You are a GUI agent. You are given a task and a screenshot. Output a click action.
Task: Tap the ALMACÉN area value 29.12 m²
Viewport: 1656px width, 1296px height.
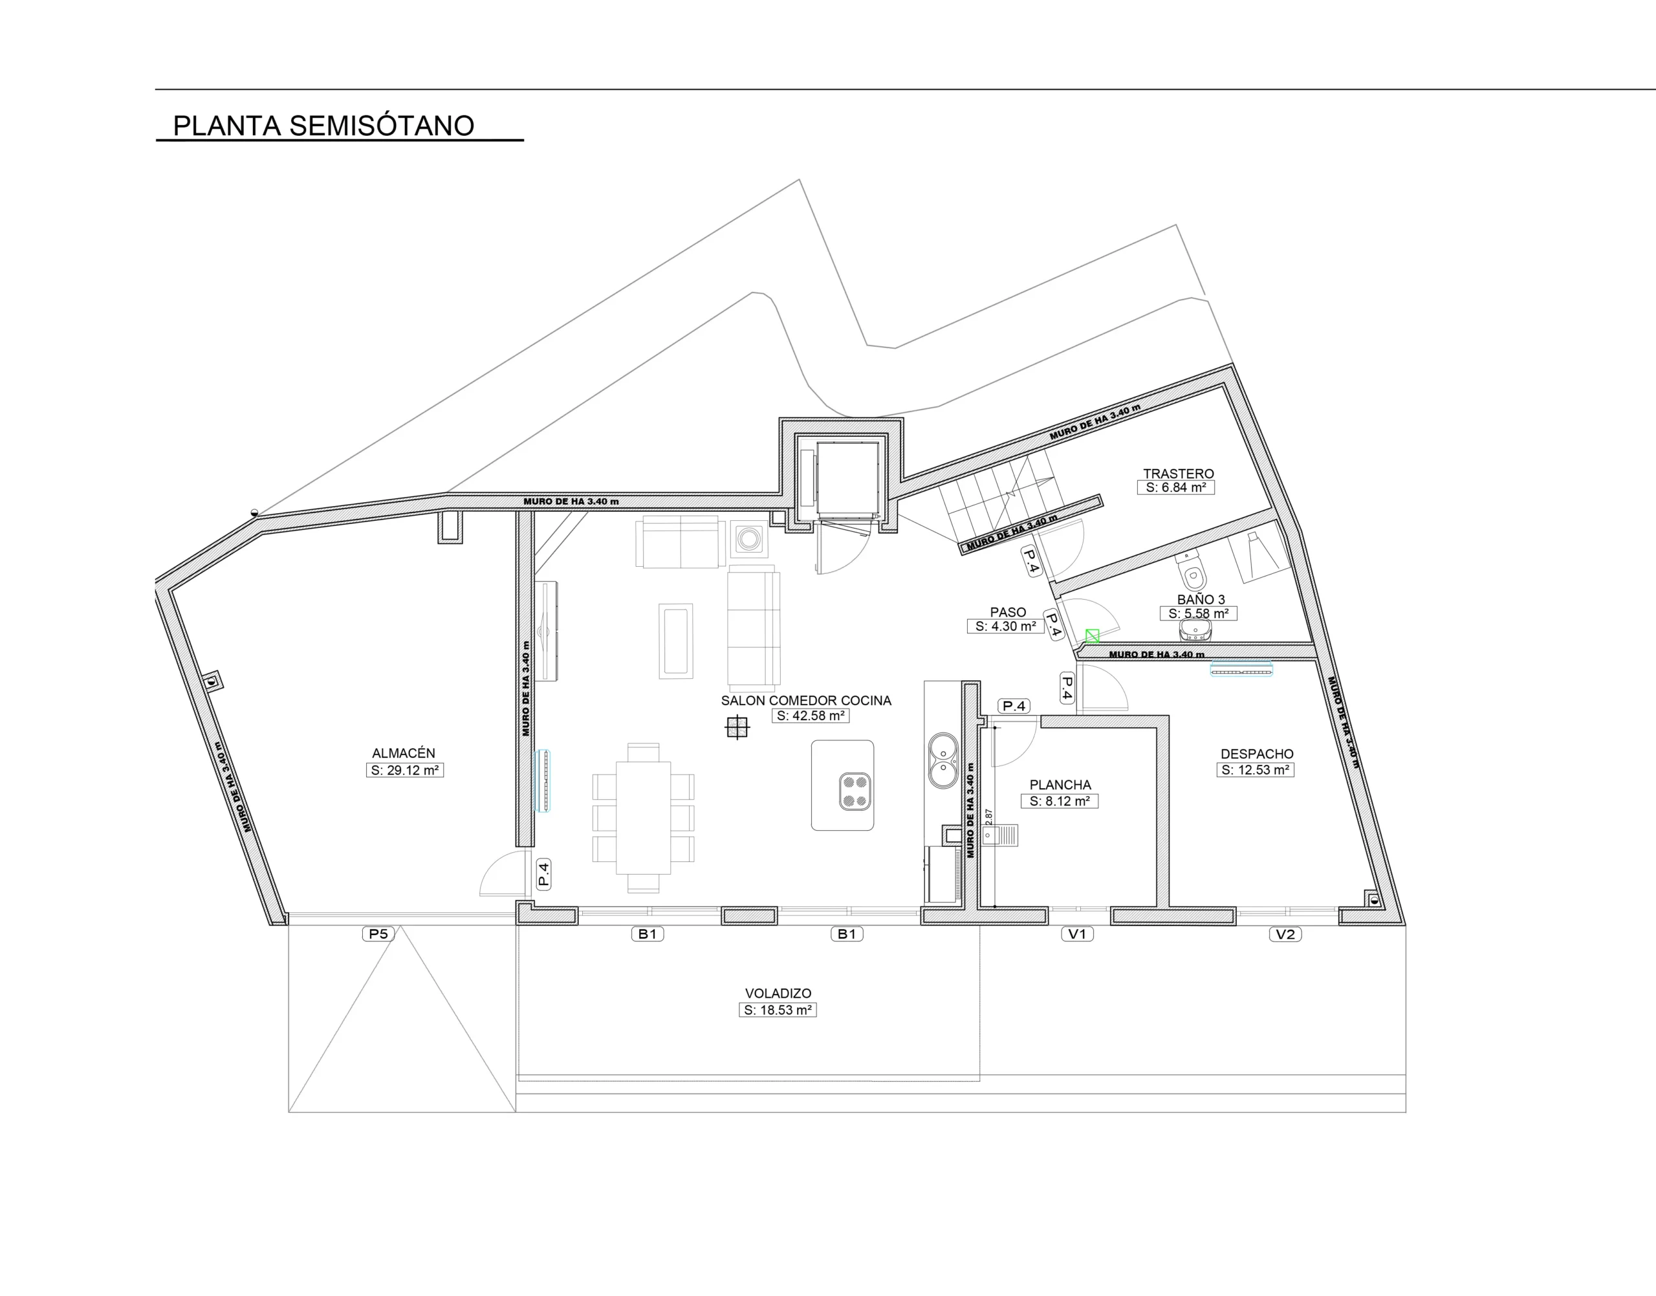pos(404,770)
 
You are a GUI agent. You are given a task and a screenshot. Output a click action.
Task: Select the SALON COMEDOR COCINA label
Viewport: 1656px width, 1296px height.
pos(805,700)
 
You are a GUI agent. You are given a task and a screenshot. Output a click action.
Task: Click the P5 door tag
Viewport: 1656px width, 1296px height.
pos(378,934)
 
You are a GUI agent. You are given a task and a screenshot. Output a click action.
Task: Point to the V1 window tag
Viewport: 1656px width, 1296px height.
pos(1077,934)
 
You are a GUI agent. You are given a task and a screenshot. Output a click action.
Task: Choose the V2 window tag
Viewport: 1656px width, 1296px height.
pos(1285,934)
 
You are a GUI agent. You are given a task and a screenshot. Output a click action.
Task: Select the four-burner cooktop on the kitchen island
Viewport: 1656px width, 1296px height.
pos(855,791)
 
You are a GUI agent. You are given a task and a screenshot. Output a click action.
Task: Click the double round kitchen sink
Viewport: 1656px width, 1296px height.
pos(943,760)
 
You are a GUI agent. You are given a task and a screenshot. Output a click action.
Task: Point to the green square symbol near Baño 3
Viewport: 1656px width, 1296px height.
pos(1093,636)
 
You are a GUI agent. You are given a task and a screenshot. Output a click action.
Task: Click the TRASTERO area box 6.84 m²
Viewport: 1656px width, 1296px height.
pos(1176,488)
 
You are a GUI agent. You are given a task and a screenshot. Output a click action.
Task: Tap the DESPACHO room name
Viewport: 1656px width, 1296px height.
pos(1257,754)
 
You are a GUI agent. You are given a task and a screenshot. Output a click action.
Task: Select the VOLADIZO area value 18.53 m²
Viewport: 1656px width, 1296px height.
pos(778,1010)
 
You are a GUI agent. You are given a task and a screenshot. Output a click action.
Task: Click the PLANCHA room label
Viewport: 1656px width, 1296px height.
pos(1060,785)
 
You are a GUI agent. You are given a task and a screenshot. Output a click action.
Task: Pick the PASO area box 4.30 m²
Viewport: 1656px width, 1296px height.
pos(1006,627)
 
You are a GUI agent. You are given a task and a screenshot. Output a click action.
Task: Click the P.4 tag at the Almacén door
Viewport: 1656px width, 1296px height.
pos(544,873)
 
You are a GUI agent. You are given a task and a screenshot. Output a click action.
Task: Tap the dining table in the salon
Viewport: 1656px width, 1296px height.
pos(643,818)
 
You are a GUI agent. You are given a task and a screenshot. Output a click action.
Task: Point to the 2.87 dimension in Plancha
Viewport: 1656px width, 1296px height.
pos(988,817)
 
